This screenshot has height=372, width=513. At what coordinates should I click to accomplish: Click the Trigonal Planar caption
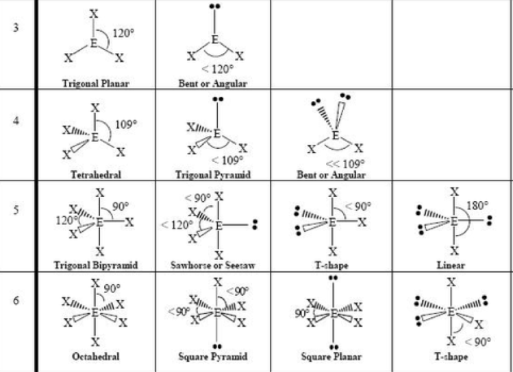95,82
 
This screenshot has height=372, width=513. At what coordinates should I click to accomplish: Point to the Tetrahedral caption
95,175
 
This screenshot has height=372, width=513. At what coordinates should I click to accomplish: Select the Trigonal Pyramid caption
213,175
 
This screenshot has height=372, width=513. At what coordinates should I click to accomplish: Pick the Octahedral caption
95,357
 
